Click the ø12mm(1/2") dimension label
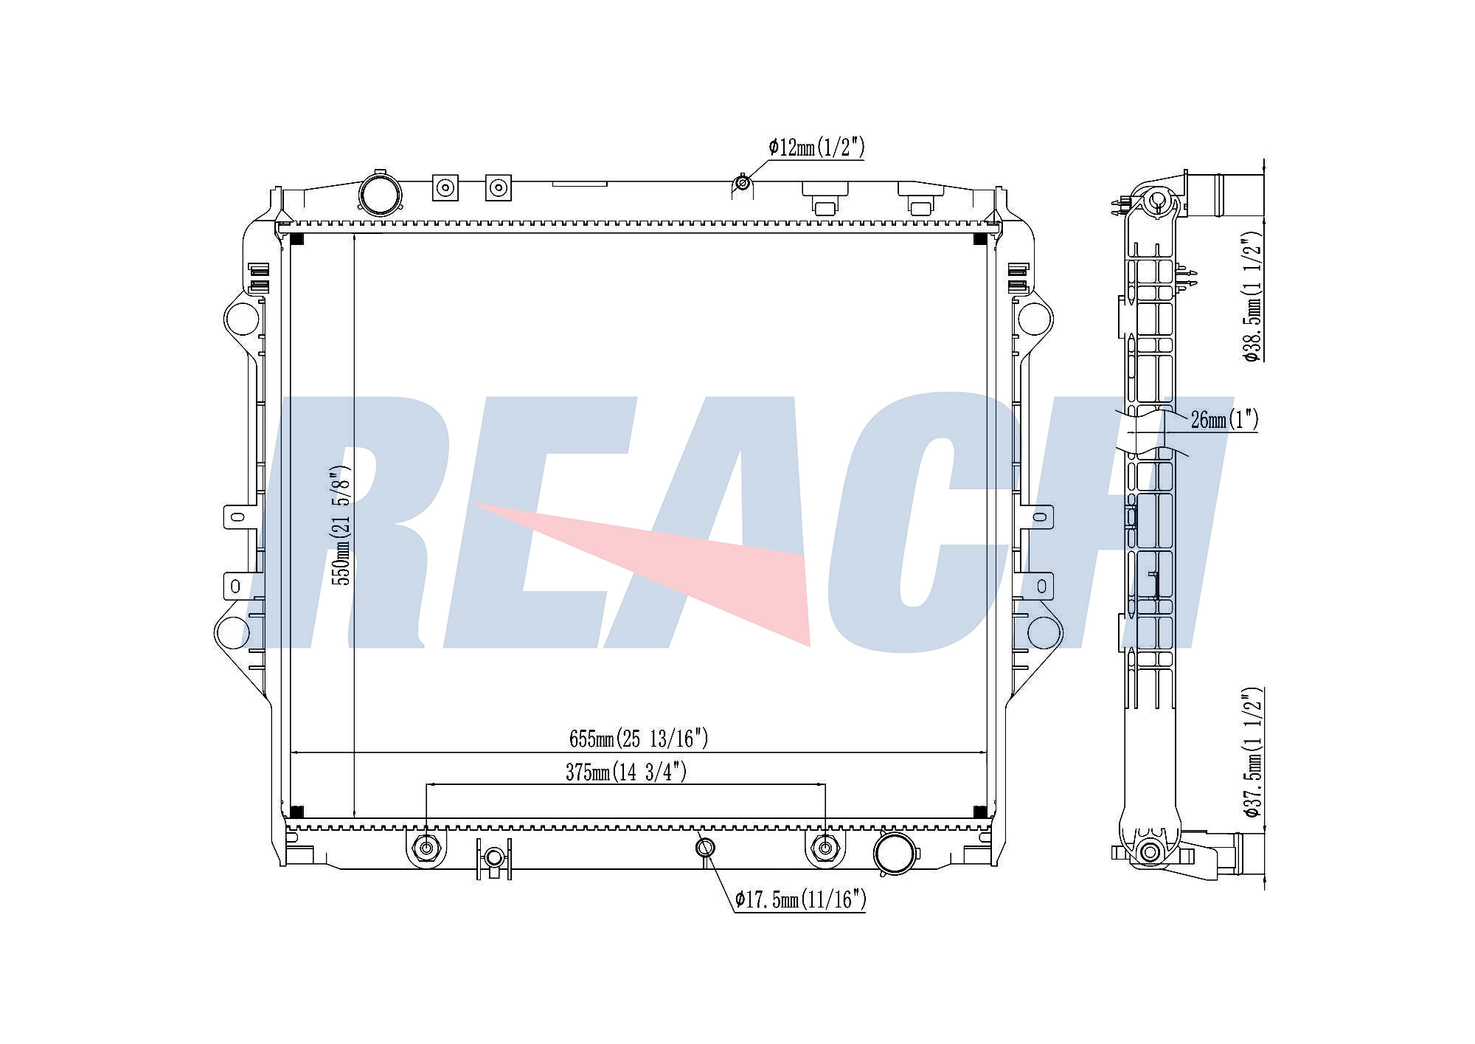(816, 148)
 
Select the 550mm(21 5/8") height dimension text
(343, 525)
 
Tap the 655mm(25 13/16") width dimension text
(639, 738)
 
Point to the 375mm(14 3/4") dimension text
(626, 772)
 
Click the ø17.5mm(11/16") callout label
(800, 899)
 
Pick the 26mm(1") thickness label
(1224, 420)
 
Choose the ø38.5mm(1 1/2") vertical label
(1253, 297)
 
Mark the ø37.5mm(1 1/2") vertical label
(1253, 753)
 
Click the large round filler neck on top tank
(381, 194)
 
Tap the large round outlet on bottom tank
(895, 854)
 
